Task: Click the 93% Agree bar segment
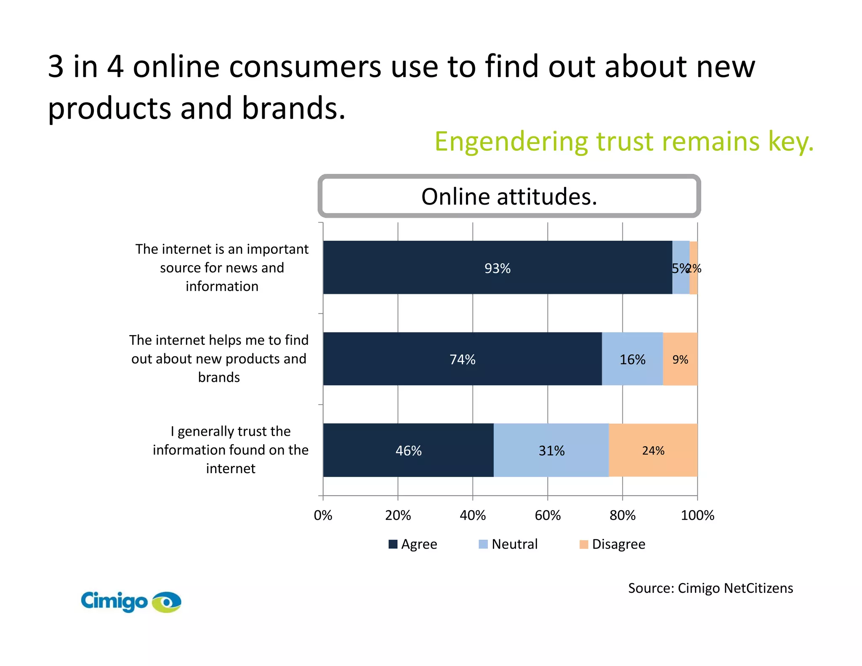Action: (x=497, y=268)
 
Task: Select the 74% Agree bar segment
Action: (x=462, y=359)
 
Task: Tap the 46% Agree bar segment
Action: (x=408, y=450)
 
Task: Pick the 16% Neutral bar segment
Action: (x=632, y=359)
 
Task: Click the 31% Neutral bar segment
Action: (x=551, y=450)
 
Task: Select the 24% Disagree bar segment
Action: (x=653, y=450)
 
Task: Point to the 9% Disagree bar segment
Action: (x=680, y=359)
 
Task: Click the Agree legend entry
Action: (x=412, y=544)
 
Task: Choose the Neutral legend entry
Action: (x=508, y=544)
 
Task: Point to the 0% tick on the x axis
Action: (x=323, y=515)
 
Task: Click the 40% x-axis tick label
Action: (x=473, y=515)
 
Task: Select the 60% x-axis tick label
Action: (x=548, y=515)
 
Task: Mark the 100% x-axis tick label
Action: (x=697, y=515)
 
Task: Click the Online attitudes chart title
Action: (x=509, y=197)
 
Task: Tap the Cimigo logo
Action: (x=131, y=601)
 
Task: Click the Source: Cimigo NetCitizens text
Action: (x=710, y=588)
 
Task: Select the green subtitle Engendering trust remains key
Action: (x=624, y=141)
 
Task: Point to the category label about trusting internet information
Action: (x=231, y=450)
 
